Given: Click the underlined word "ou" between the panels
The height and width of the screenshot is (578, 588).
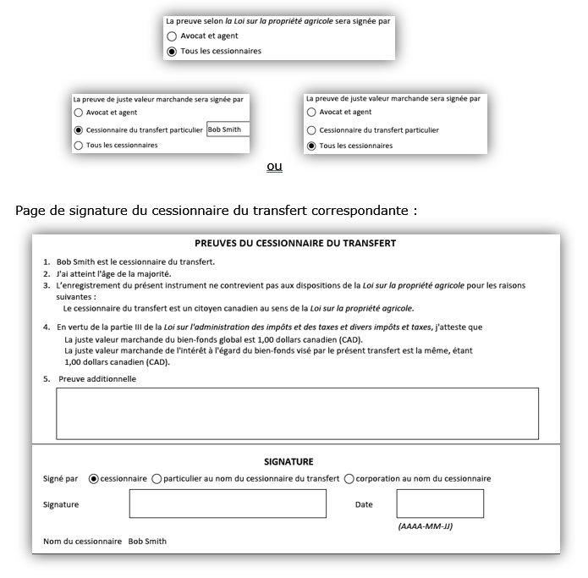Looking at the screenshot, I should coord(274,167).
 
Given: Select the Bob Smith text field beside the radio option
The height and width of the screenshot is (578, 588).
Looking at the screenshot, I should coord(228,130).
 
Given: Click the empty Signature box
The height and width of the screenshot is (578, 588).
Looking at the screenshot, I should coord(227,504).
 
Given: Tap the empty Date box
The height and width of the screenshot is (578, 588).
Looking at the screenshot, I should coord(440,504).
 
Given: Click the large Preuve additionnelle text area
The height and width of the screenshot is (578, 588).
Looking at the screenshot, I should coord(297,414).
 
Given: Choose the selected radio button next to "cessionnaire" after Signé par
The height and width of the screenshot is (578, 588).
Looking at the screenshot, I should coord(93,479).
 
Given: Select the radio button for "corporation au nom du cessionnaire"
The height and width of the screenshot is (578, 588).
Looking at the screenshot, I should coord(349,479).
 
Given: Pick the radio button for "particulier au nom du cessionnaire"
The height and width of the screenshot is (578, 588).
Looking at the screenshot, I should coord(157,479).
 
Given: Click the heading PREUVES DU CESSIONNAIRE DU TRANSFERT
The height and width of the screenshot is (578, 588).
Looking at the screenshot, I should coord(295,244).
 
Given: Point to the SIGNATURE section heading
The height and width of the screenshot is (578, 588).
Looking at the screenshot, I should coord(289,462).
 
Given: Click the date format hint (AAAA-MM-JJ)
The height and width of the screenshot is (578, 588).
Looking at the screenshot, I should coord(425,526).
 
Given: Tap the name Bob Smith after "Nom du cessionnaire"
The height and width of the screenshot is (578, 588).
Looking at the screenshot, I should coord(147,542).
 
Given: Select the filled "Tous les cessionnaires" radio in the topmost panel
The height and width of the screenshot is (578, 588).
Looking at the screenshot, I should coord(172,52).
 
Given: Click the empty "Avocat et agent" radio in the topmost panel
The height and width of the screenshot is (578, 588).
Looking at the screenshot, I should coord(172,36).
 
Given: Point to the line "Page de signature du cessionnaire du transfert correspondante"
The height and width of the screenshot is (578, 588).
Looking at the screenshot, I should coord(216,210).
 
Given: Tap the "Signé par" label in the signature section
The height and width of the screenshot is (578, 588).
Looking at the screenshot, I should coord(60,479).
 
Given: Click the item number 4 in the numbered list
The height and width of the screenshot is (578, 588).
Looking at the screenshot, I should coord(47,327).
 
